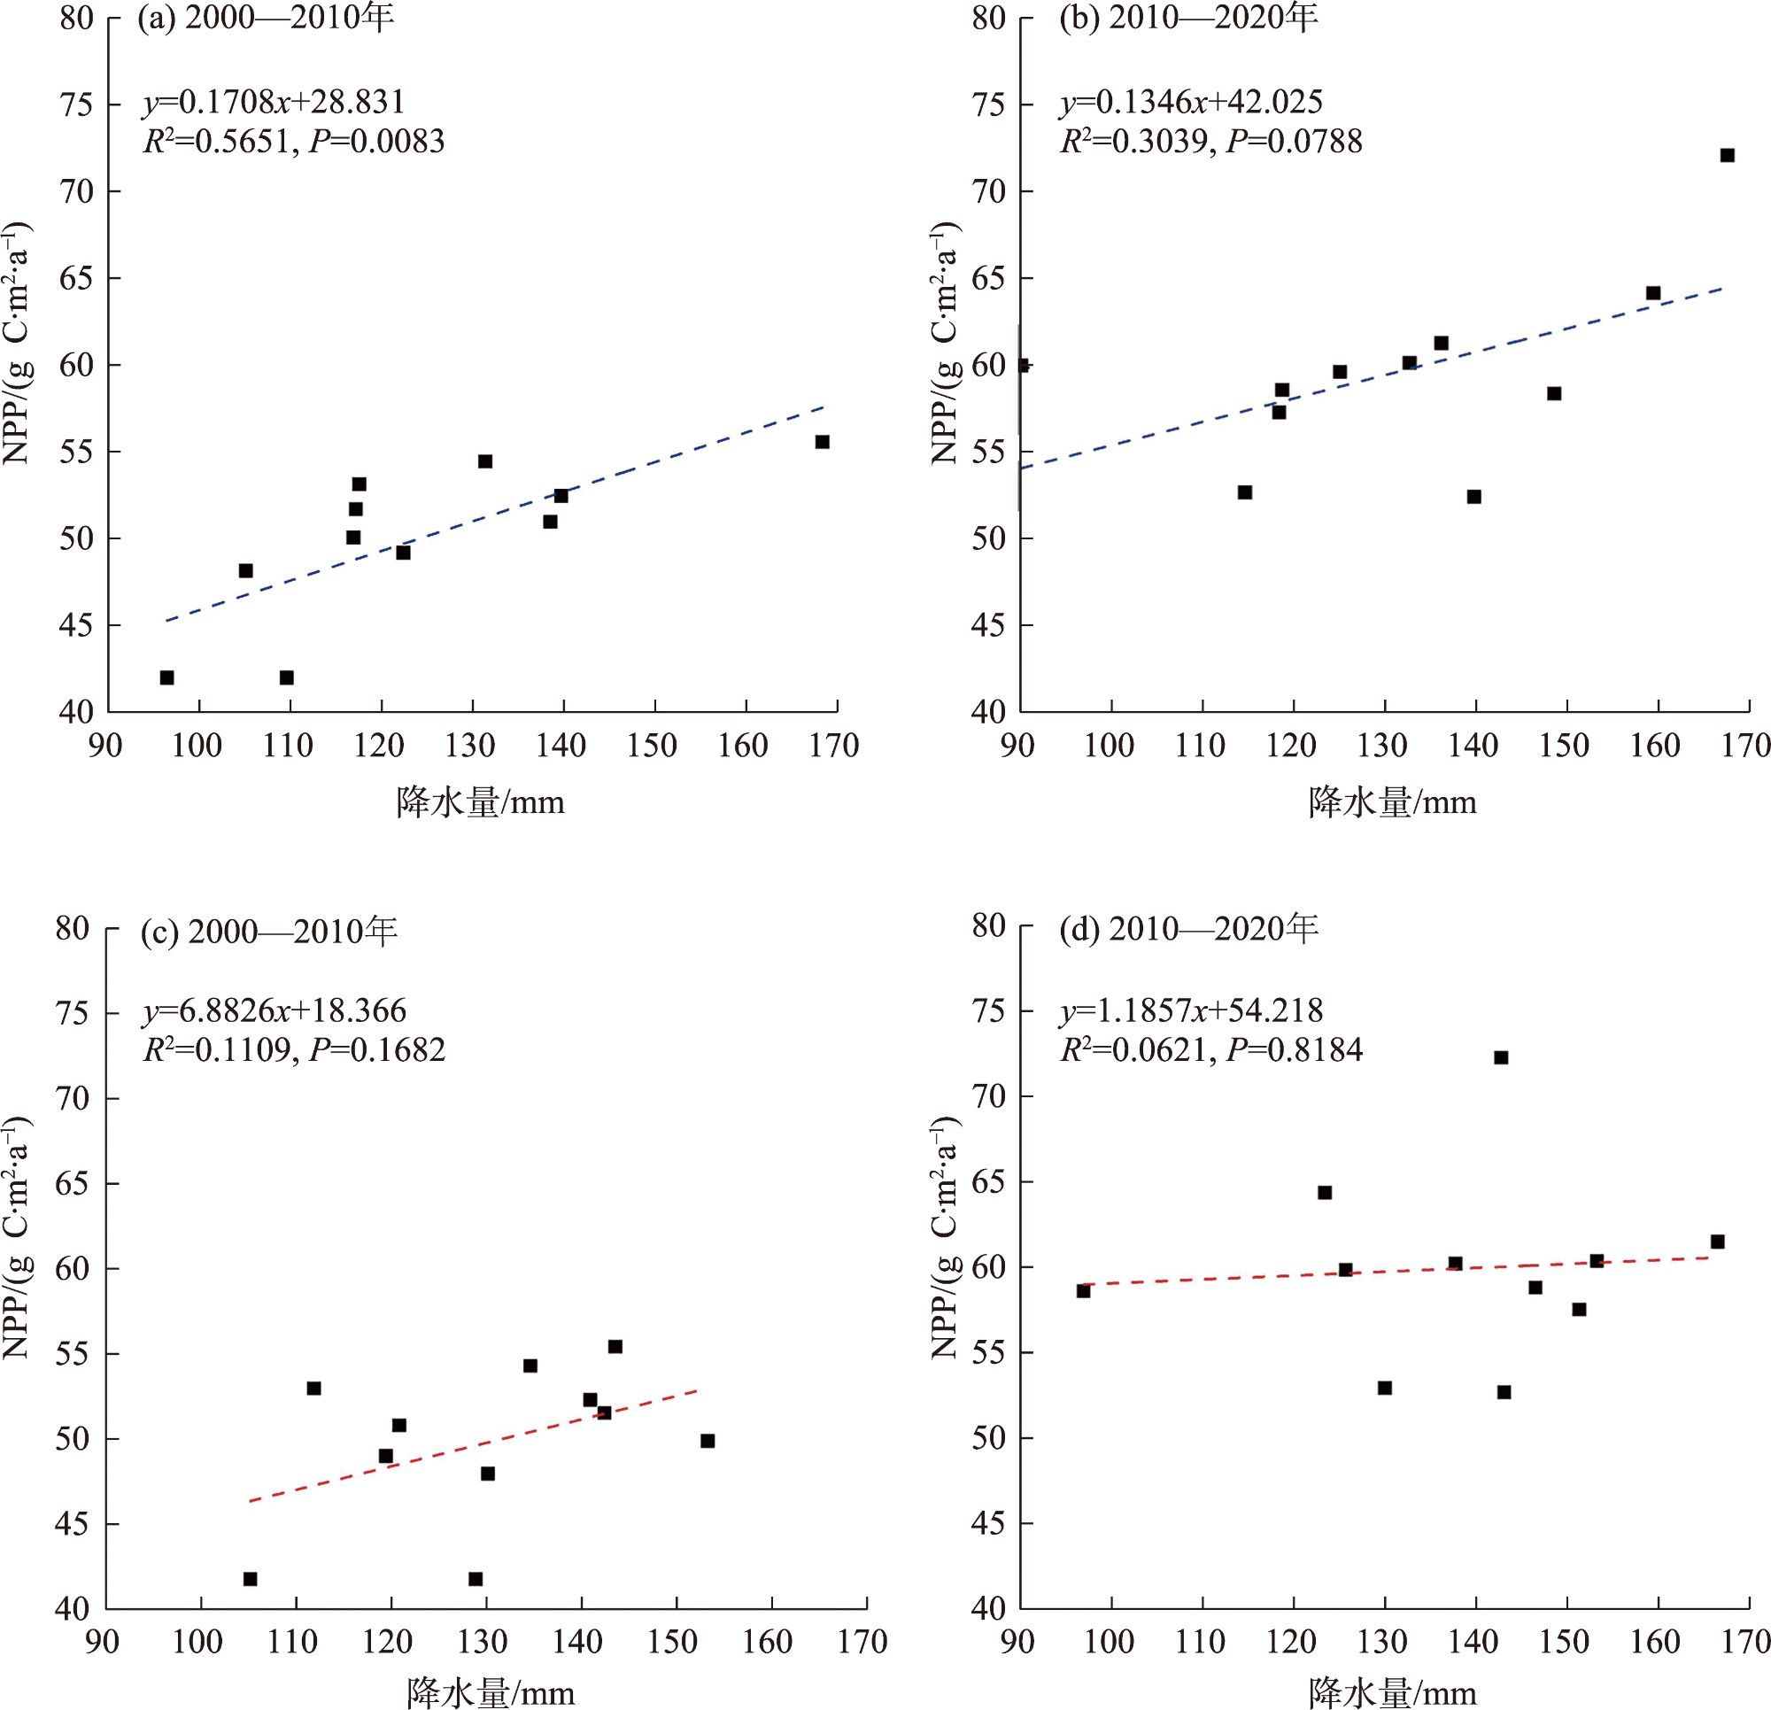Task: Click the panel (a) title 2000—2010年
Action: tap(266, 18)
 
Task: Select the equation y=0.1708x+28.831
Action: tap(274, 102)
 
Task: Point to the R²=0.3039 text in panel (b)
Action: tap(1136, 142)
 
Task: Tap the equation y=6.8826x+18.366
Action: tap(275, 1010)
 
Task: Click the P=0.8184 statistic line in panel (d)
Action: tap(1294, 1050)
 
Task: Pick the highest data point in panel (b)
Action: tap(1727, 156)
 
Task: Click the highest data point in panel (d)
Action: tap(1501, 1057)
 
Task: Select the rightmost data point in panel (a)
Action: tap(823, 442)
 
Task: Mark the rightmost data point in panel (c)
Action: tap(708, 1441)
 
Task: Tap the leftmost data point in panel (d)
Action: tap(1083, 1290)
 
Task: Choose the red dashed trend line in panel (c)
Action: tap(474, 1445)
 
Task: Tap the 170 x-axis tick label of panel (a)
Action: tap(834, 746)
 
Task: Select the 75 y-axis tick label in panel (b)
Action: tap(988, 104)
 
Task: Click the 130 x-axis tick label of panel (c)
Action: tap(483, 1641)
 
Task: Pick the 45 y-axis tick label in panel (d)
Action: tap(988, 1524)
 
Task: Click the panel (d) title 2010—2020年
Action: tap(1188, 928)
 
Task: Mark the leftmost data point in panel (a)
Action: tap(167, 677)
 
